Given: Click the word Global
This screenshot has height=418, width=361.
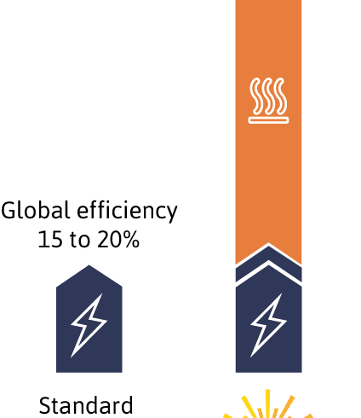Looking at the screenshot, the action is pyautogui.click(x=36, y=210).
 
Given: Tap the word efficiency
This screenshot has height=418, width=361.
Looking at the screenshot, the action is pyautogui.click(x=127, y=212).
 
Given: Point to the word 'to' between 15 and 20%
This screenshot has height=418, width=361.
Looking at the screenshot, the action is pyautogui.click(x=79, y=240).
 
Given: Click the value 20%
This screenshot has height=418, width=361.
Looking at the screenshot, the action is pyautogui.click(x=118, y=239).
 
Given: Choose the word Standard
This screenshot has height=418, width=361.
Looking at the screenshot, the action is pyautogui.click(x=86, y=405).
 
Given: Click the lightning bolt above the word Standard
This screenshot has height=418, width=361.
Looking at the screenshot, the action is pyautogui.click(x=89, y=325).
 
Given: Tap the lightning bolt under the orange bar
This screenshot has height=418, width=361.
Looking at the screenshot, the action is pyautogui.click(x=268, y=325).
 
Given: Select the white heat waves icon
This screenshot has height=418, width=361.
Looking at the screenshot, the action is pyautogui.click(x=268, y=101).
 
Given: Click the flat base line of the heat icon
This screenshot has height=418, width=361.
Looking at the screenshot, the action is pyautogui.click(x=268, y=120).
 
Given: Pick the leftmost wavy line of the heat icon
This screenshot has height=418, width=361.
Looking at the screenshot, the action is pyautogui.click(x=255, y=96).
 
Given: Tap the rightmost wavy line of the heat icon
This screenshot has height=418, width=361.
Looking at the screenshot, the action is pyautogui.click(x=281, y=96).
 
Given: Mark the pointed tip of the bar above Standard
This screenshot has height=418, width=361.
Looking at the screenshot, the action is pyautogui.click(x=89, y=265).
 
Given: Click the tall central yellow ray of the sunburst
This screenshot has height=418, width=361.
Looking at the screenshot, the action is pyautogui.click(x=267, y=403).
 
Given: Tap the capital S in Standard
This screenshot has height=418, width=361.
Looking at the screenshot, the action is pyautogui.click(x=45, y=405).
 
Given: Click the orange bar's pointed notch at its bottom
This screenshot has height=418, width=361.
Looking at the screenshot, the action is pyautogui.click(x=268, y=244).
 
